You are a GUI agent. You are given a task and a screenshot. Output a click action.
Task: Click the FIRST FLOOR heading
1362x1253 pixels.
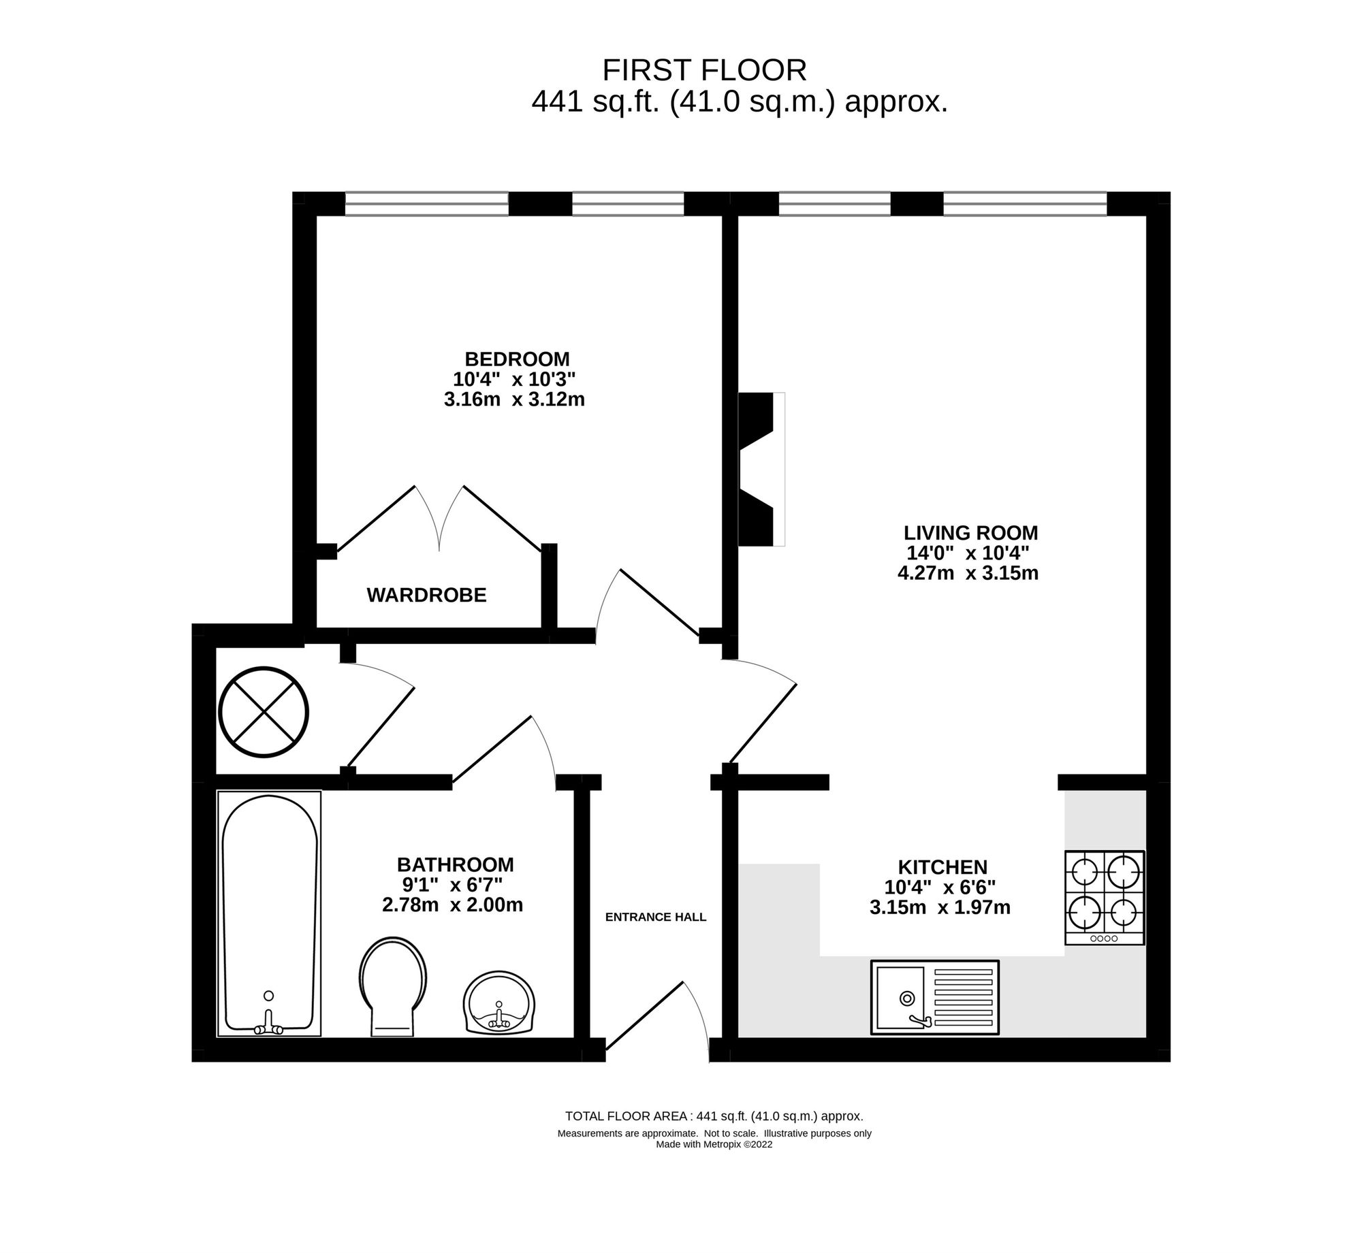(x=704, y=70)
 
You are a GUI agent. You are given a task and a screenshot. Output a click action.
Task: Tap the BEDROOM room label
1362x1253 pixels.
(x=517, y=359)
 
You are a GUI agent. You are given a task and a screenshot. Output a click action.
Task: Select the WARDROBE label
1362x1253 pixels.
(x=426, y=596)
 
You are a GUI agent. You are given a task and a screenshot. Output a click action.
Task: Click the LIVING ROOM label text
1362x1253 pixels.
(x=970, y=532)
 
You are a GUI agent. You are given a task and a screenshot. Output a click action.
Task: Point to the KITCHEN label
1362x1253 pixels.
(x=943, y=867)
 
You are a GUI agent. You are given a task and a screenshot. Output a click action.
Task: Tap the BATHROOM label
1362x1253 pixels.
(x=455, y=864)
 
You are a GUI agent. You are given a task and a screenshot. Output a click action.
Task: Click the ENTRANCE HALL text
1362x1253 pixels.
(x=656, y=917)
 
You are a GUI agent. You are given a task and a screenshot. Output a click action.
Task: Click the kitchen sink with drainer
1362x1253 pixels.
(x=934, y=998)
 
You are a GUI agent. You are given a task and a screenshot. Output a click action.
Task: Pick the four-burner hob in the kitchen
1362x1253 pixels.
(x=1105, y=898)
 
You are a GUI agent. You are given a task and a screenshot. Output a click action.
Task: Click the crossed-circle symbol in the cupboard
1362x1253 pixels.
(x=264, y=712)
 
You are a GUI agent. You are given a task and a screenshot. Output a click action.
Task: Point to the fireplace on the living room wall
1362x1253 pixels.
(x=762, y=469)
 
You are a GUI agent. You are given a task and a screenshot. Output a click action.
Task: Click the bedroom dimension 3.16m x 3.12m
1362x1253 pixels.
(x=514, y=399)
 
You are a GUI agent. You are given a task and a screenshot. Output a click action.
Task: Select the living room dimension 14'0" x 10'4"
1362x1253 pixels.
(x=967, y=553)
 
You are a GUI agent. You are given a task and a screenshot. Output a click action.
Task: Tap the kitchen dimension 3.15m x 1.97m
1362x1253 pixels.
(x=940, y=907)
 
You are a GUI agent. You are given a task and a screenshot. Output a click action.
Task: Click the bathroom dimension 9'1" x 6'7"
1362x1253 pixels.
(x=453, y=885)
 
